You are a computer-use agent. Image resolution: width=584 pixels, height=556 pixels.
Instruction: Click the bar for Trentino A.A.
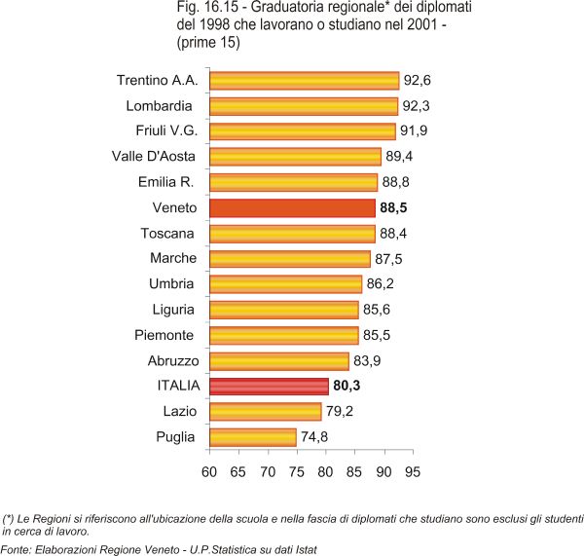(304, 80)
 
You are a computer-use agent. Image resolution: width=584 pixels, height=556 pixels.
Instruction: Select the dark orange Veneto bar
(292, 208)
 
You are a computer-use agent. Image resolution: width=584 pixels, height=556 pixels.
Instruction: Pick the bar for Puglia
(252, 437)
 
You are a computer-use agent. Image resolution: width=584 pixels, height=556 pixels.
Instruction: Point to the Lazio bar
(265, 412)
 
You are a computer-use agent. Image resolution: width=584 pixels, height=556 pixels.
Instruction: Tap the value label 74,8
(313, 437)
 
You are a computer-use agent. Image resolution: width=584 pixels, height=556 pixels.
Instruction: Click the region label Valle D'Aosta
(155, 156)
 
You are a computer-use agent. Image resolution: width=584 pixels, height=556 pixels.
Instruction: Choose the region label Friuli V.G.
(163, 130)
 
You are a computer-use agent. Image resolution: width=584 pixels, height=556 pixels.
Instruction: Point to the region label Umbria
(171, 284)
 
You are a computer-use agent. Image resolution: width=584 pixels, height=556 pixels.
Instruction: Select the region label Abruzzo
(166, 361)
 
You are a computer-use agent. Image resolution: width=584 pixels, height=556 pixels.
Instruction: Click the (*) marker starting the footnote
(9, 518)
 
